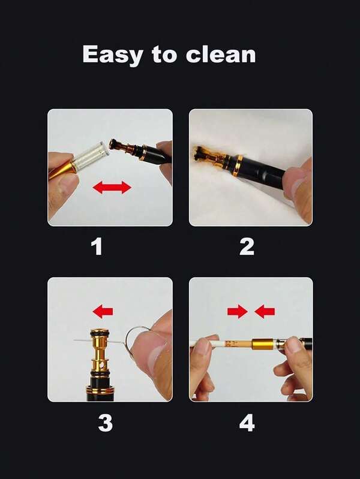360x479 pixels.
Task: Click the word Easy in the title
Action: tap(112, 55)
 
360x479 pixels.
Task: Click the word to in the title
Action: tap(164, 55)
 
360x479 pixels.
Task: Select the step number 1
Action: tap(97, 246)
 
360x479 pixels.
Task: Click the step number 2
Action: tap(247, 246)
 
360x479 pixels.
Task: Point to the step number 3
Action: tap(105, 423)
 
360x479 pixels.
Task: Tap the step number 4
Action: tap(247, 423)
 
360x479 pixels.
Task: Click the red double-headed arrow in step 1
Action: tap(112, 187)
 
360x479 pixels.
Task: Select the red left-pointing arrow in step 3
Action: tap(103, 312)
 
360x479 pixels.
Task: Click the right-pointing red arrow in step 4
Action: tap(238, 312)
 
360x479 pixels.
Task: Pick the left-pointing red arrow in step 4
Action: tap(265, 312)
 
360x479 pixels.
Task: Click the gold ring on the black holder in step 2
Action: tap(238, 166)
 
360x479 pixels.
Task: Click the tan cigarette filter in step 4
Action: tap(238, 344)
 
